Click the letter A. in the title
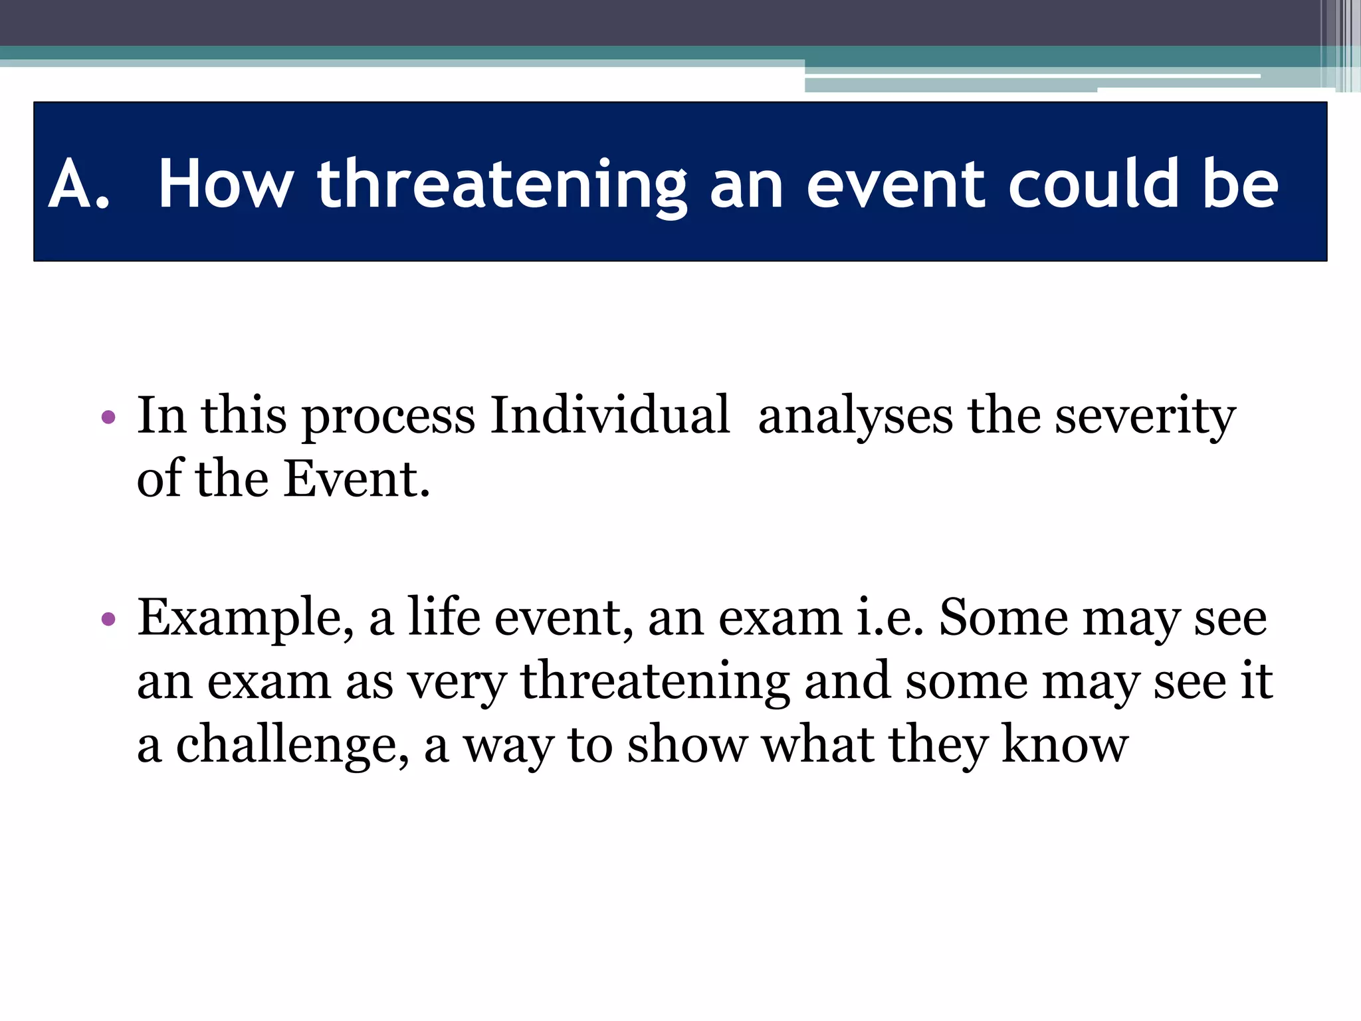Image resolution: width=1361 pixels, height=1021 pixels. (78, 184)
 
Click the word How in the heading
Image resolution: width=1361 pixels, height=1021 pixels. (226, 184)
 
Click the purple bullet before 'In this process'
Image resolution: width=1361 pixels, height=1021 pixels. (109, 418)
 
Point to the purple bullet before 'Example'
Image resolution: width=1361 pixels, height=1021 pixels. (109, 620)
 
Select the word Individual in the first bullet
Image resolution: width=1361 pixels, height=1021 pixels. (610, 415)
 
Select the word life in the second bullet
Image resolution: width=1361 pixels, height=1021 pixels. (443, 617)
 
